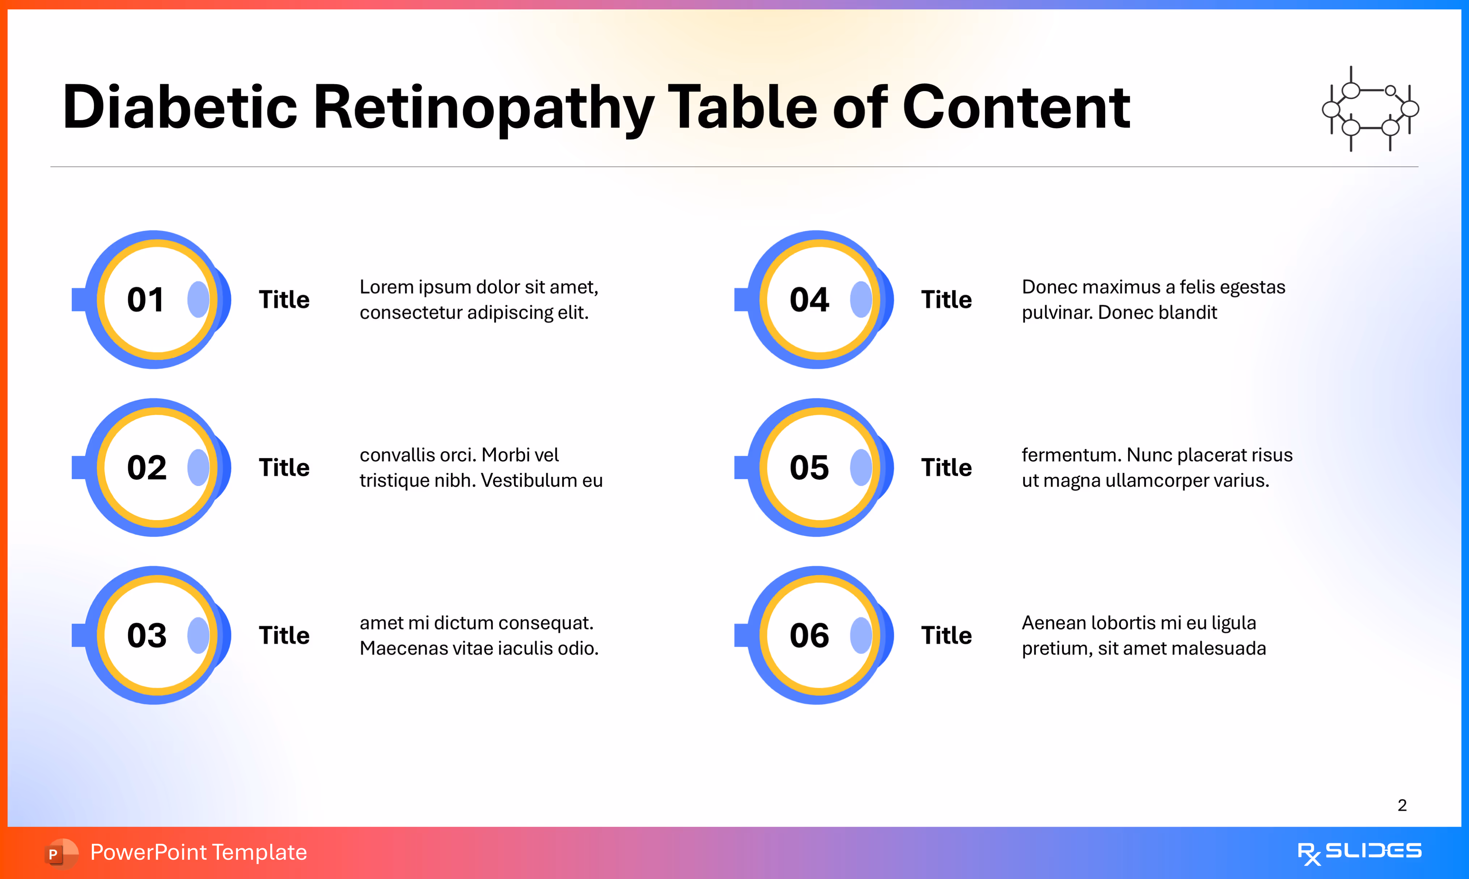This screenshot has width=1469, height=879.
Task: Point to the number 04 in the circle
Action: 809,300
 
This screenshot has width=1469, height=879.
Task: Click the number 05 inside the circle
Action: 809,468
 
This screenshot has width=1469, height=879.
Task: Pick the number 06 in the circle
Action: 809,636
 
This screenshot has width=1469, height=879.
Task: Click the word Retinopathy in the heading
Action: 483,108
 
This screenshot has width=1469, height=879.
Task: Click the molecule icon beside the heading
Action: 1370,109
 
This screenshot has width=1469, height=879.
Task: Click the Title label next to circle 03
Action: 284,636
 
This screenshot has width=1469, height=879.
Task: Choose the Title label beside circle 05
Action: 946,468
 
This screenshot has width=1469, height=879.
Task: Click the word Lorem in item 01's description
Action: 386,287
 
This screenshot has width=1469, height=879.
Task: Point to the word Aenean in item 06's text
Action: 1053,623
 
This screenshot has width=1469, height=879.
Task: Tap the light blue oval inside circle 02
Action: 198,468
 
